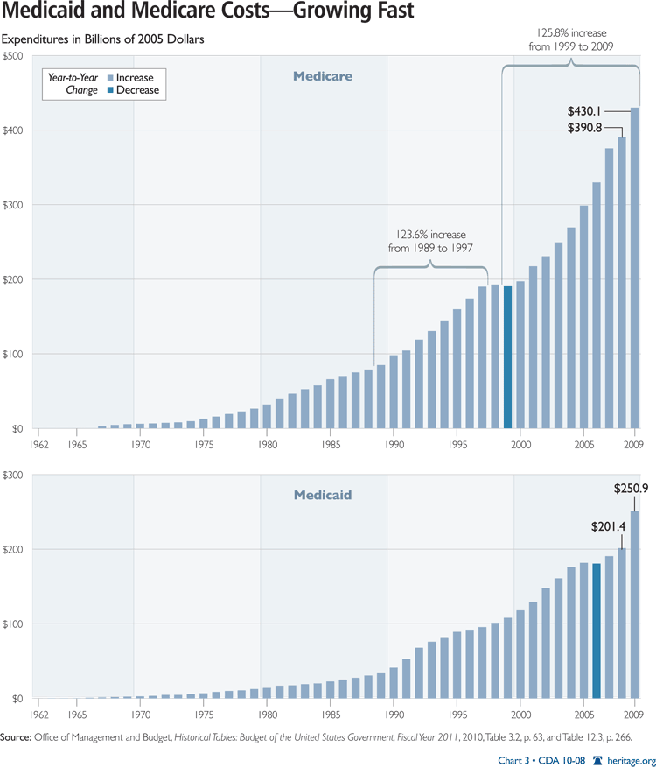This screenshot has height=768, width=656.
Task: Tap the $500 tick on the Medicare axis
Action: pyautogui.click(x=15, y=56)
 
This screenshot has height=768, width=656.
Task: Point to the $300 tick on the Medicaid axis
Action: pyautogui.click(x=15, y=476)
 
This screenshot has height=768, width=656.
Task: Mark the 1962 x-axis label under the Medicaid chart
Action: pyautogui.click(x=38, y=715)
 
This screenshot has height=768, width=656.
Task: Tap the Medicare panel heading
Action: pyautogui.click(x=322, y=76)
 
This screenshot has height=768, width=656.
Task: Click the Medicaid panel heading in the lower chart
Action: pyautogui.click(x=322, y=496)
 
